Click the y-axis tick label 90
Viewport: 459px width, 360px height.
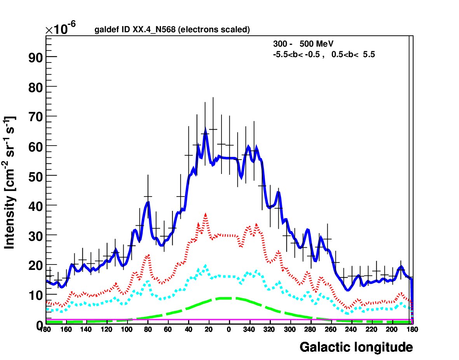pos(35,58)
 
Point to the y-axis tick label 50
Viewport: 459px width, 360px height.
pos(35,177)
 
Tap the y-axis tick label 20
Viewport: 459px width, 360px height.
pos(35,266)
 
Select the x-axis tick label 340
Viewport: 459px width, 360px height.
pos(249,330)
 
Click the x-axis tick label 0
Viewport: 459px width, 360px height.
pos(229,330)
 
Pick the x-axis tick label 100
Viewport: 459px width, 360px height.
pos(127,330)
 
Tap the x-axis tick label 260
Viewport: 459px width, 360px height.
pos(330,330)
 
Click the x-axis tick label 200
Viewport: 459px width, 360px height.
pos(392,330)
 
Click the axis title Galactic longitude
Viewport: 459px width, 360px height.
pos(356,347)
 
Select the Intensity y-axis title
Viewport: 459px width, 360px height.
pos(10,183)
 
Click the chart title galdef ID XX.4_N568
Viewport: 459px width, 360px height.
pos(135,30)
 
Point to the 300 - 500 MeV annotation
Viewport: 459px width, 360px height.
pos(303,44)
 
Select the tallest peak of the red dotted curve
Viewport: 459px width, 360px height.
pos(206,214)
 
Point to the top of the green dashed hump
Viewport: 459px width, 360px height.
pos(229,298)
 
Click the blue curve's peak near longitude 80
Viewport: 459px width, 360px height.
pos(148,202)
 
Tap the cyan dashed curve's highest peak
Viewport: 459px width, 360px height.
pos(206,266)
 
